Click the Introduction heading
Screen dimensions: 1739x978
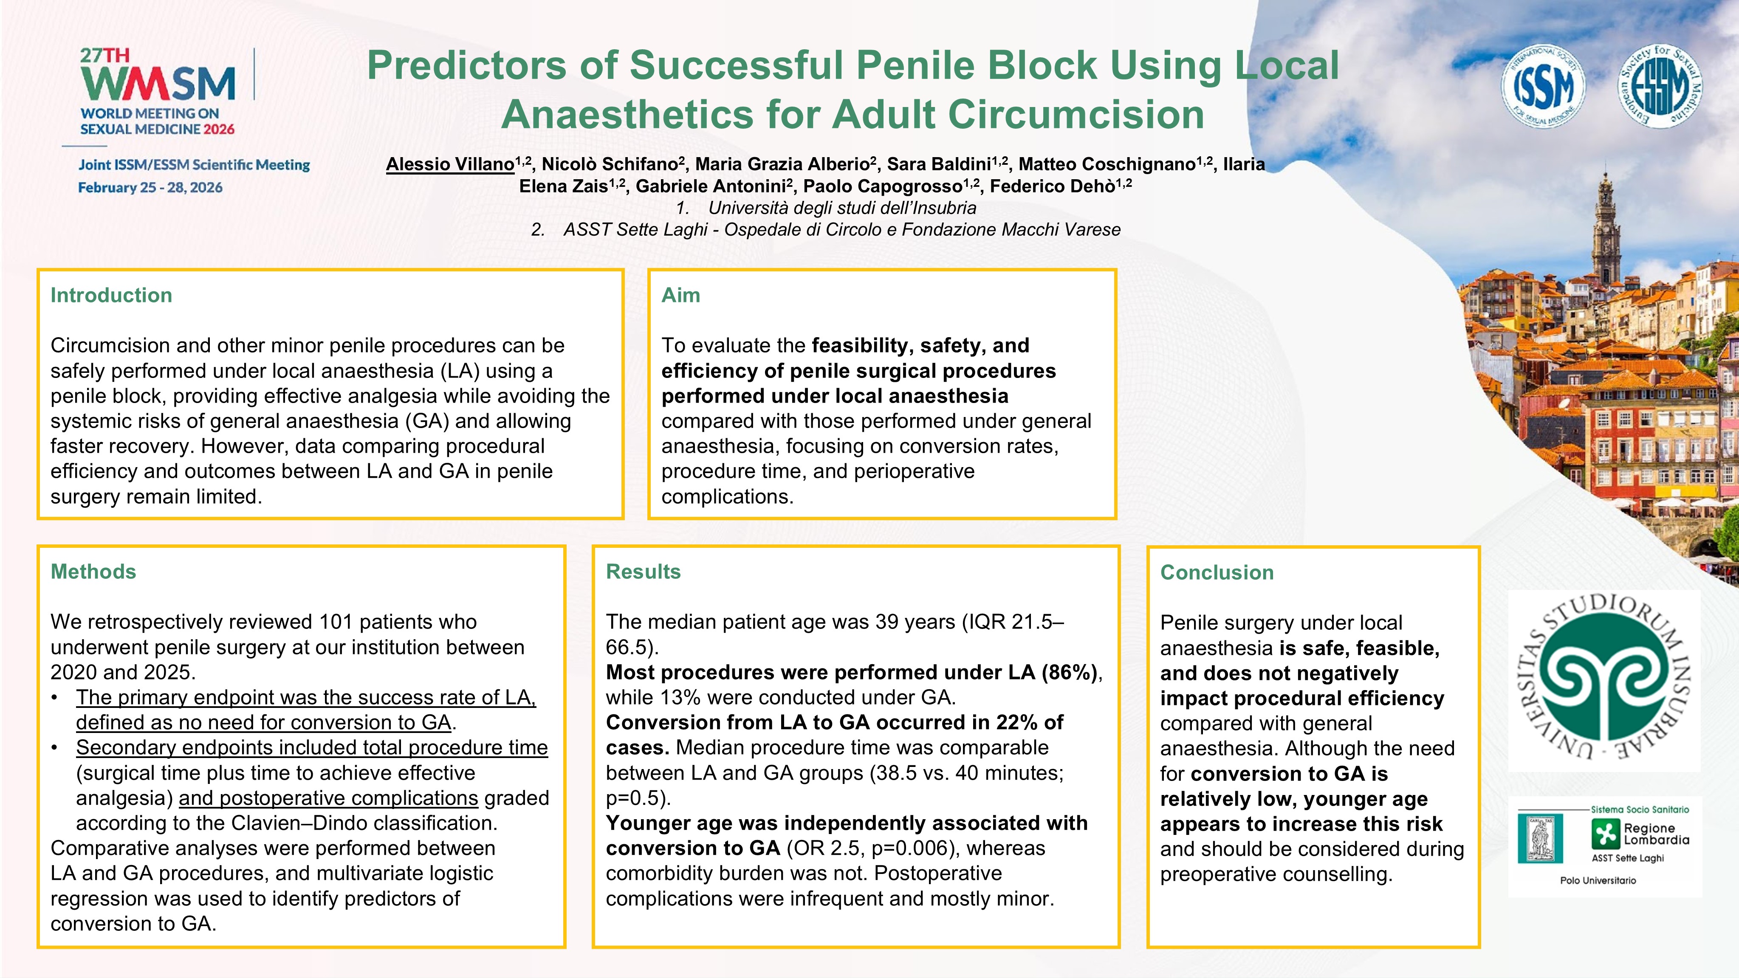pos(111,295)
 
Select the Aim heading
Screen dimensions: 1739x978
pos(680,295)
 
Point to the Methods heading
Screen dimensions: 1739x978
pos(93,572)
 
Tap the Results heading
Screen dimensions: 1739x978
pos(644,572)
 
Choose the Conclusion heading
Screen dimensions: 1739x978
pos(1217,572)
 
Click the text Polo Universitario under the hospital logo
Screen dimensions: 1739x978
pos(1598,880)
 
